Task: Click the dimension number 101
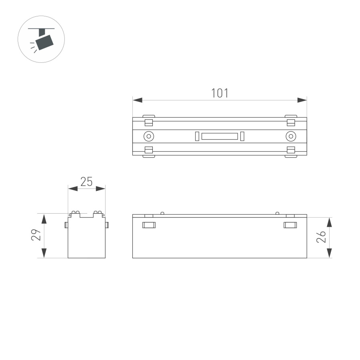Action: pos(220,93)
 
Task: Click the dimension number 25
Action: pos(86,182)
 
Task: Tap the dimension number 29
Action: pos(36,235)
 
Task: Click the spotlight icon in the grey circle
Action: pos(41,39)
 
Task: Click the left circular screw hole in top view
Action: pos(149,136)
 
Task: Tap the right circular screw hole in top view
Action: pos(291,136)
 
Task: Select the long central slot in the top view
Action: pos(220,136)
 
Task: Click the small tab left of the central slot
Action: pos(197,136)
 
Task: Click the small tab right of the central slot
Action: pos(242,136)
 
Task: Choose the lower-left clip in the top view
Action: pos(149,152)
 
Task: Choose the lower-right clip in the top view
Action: pos(291,152)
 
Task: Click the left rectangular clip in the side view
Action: pos(149,225)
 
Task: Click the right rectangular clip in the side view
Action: pos(290,225)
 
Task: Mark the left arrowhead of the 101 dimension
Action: pos(137,100)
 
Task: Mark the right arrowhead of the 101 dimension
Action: pos(302,100)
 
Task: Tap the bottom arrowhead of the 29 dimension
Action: pos(44,253)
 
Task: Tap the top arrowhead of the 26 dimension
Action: pos(329,222)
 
